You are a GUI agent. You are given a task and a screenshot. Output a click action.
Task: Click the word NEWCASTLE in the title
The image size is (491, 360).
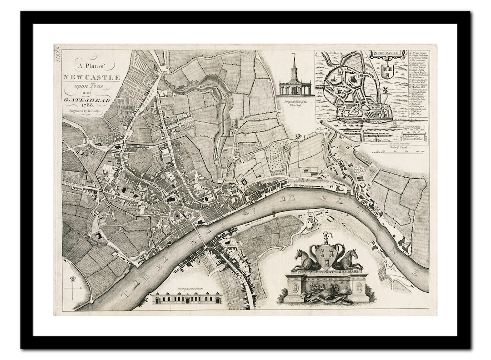tap(91, 77)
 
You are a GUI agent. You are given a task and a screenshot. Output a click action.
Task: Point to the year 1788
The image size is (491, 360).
tap(86, 104)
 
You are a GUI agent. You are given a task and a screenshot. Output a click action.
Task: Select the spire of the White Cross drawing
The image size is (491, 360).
tap(294, 61)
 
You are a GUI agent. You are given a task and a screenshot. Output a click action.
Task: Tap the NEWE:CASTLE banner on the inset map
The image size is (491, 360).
tap(386, 53)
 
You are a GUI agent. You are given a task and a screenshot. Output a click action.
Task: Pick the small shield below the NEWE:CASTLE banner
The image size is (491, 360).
tap(387, 70)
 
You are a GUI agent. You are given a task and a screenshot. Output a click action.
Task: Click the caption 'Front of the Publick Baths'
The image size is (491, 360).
tap(186, 290)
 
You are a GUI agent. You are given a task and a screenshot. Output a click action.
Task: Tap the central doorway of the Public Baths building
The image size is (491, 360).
tap(186, 300)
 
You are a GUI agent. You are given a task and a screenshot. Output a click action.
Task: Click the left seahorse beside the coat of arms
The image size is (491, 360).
tap(305, 260)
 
